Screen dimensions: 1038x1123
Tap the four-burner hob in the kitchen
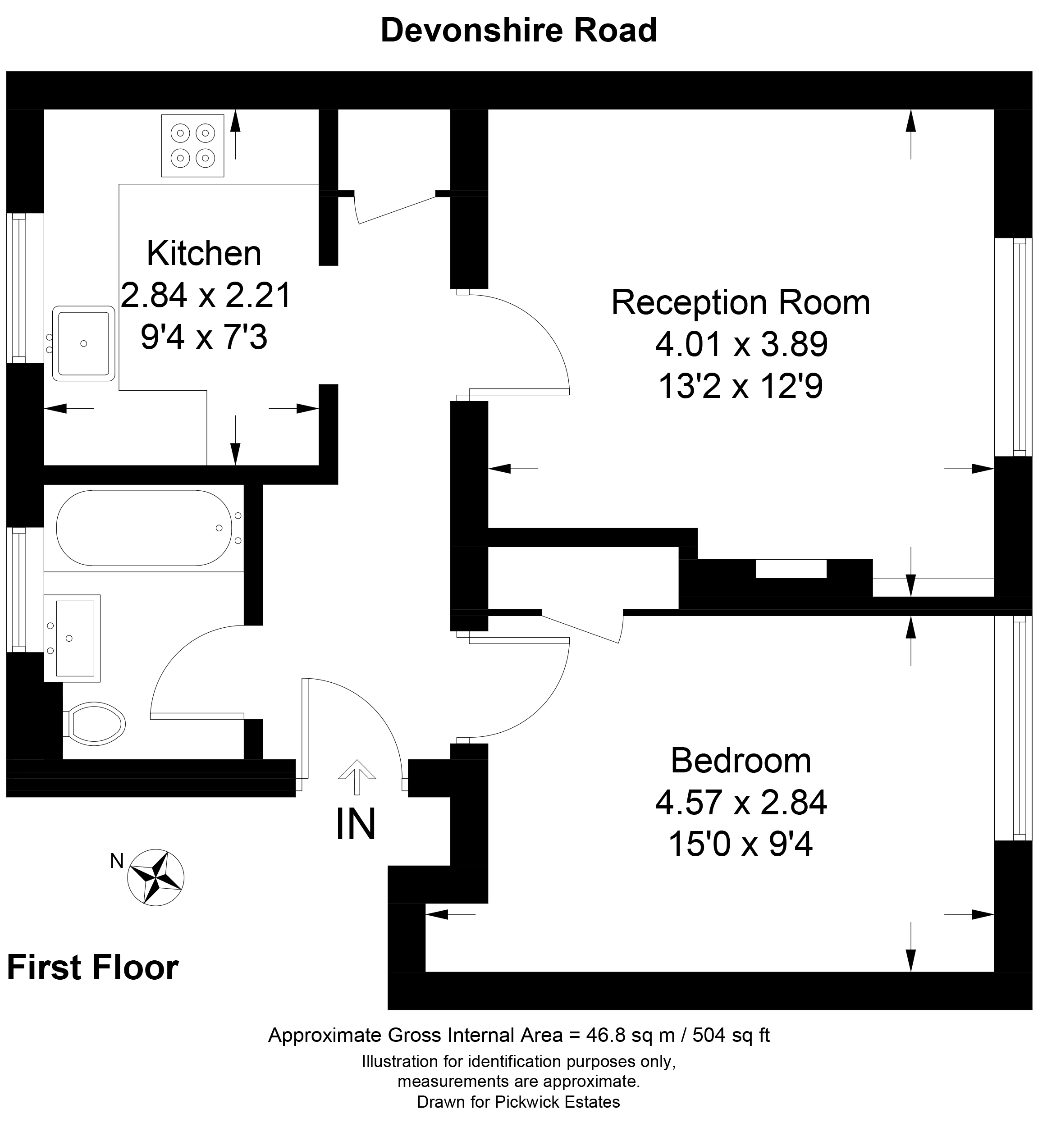[192, 146]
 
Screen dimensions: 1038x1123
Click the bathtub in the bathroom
[149, 528]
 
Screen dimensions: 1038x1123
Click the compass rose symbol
[156, 877]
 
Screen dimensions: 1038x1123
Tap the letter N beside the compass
[117, 861]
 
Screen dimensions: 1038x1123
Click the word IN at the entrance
[356, 824]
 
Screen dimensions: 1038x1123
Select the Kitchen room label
[204, 253]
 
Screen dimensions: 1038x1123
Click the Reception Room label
[741, 303]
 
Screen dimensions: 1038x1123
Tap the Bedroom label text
[741, 761]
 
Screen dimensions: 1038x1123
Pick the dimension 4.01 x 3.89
[741, 344]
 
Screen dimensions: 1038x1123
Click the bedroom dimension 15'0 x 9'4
[741, 844]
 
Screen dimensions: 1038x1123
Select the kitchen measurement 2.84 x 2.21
[206, 295]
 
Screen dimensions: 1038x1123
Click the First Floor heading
[93, 968]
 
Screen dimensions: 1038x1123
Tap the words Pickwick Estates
[557, 1102]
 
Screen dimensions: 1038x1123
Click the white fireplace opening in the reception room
[791, 568]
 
